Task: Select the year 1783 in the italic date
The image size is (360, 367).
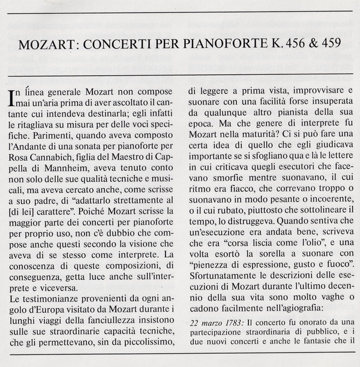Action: pyautogui.click(x=226, y=324)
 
